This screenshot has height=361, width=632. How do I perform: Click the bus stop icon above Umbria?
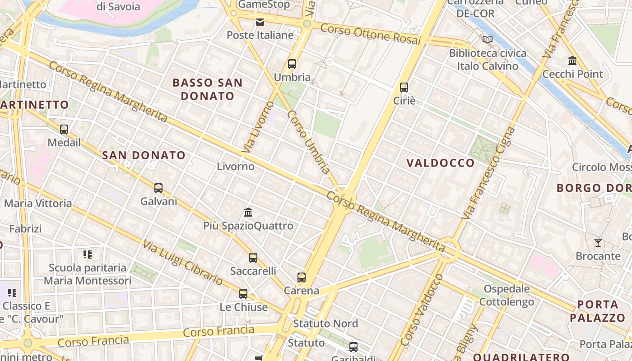coord(292,64)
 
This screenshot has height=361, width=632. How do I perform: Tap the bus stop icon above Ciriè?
coord(404,88)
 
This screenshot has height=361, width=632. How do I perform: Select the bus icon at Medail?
coord(64,130)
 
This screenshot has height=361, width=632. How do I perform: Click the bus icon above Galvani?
coord(158,188)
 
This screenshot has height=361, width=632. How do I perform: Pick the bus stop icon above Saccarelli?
coord(253,258)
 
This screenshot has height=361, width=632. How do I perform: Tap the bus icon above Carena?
coord(302,278)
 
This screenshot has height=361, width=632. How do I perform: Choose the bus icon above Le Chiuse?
coord(243,294)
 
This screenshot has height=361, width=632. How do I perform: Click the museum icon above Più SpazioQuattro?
coord(248,212)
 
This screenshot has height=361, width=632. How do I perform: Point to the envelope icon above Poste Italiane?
coord(260,22)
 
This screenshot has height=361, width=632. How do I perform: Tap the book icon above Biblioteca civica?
coord(488,40)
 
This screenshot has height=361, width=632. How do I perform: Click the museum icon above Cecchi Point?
coord(573,60)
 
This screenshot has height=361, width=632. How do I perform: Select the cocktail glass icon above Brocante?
coord(598,243)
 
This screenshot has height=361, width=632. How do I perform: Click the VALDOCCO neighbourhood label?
coord(441,163)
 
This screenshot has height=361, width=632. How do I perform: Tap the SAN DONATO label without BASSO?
coord(144,155)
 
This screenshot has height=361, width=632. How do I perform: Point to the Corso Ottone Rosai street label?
coord(370,34)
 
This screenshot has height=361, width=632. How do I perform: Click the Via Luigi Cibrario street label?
coord(182,263)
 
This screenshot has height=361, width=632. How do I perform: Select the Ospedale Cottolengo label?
coord(507,295)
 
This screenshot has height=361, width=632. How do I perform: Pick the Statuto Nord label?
coord(325,324)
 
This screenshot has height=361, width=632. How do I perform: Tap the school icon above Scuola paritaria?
coord(88,255)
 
